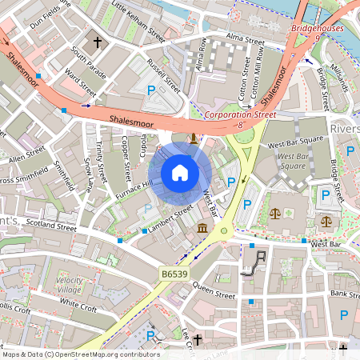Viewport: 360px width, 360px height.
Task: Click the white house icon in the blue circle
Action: tap(180, 172)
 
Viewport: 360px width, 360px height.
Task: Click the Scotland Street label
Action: tap(51, 224)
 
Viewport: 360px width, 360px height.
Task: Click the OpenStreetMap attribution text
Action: tap(80, 354)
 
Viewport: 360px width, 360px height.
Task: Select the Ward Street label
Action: tap(81, 79)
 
